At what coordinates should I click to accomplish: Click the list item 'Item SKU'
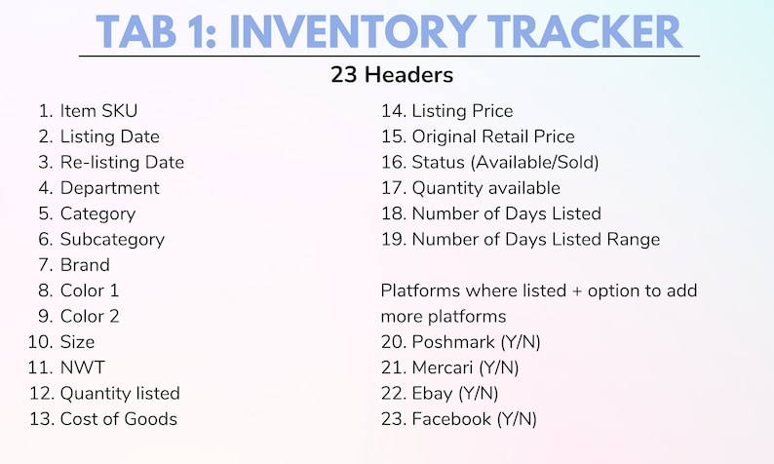[105, 111]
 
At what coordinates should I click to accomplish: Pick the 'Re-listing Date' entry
[122, 162]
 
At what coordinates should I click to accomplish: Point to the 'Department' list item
[109, 187]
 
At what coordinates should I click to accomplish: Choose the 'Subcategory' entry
[112, 239]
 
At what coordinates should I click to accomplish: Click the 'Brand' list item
[85, 264]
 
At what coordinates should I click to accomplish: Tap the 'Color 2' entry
[91, 316]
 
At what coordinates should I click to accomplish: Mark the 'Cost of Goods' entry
[119, 419]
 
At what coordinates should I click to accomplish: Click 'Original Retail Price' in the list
[493, 136]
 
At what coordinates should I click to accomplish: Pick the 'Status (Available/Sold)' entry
[505, 162]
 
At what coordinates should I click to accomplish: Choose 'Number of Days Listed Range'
[535, 239]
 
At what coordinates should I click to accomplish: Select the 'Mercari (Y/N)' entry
[465, 367]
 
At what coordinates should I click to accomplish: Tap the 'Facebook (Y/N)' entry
[474, 419]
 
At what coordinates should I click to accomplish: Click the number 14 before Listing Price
[392, 111]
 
